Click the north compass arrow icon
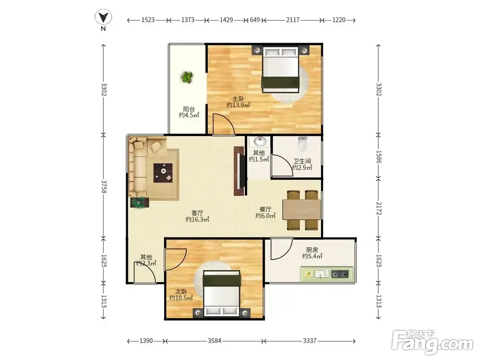click(103, 17)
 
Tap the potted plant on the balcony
click(187, 77)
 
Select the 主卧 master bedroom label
click(238, 99)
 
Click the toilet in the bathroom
click(302, 143)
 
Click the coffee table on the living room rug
click(163, 173)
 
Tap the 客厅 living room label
click(197, 213)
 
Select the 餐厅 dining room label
click(266, 209)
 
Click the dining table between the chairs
click(302, 210)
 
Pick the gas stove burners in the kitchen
click(340, 274)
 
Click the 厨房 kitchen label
click(312, 250)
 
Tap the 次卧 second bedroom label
click(181, 292)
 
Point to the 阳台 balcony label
click(189, 109)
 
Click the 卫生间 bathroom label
click(302, 161)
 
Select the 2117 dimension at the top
click(293, 20)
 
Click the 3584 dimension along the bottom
click(215, 341)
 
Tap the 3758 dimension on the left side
click(104, 187)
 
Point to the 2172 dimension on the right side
click(379, 208)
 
